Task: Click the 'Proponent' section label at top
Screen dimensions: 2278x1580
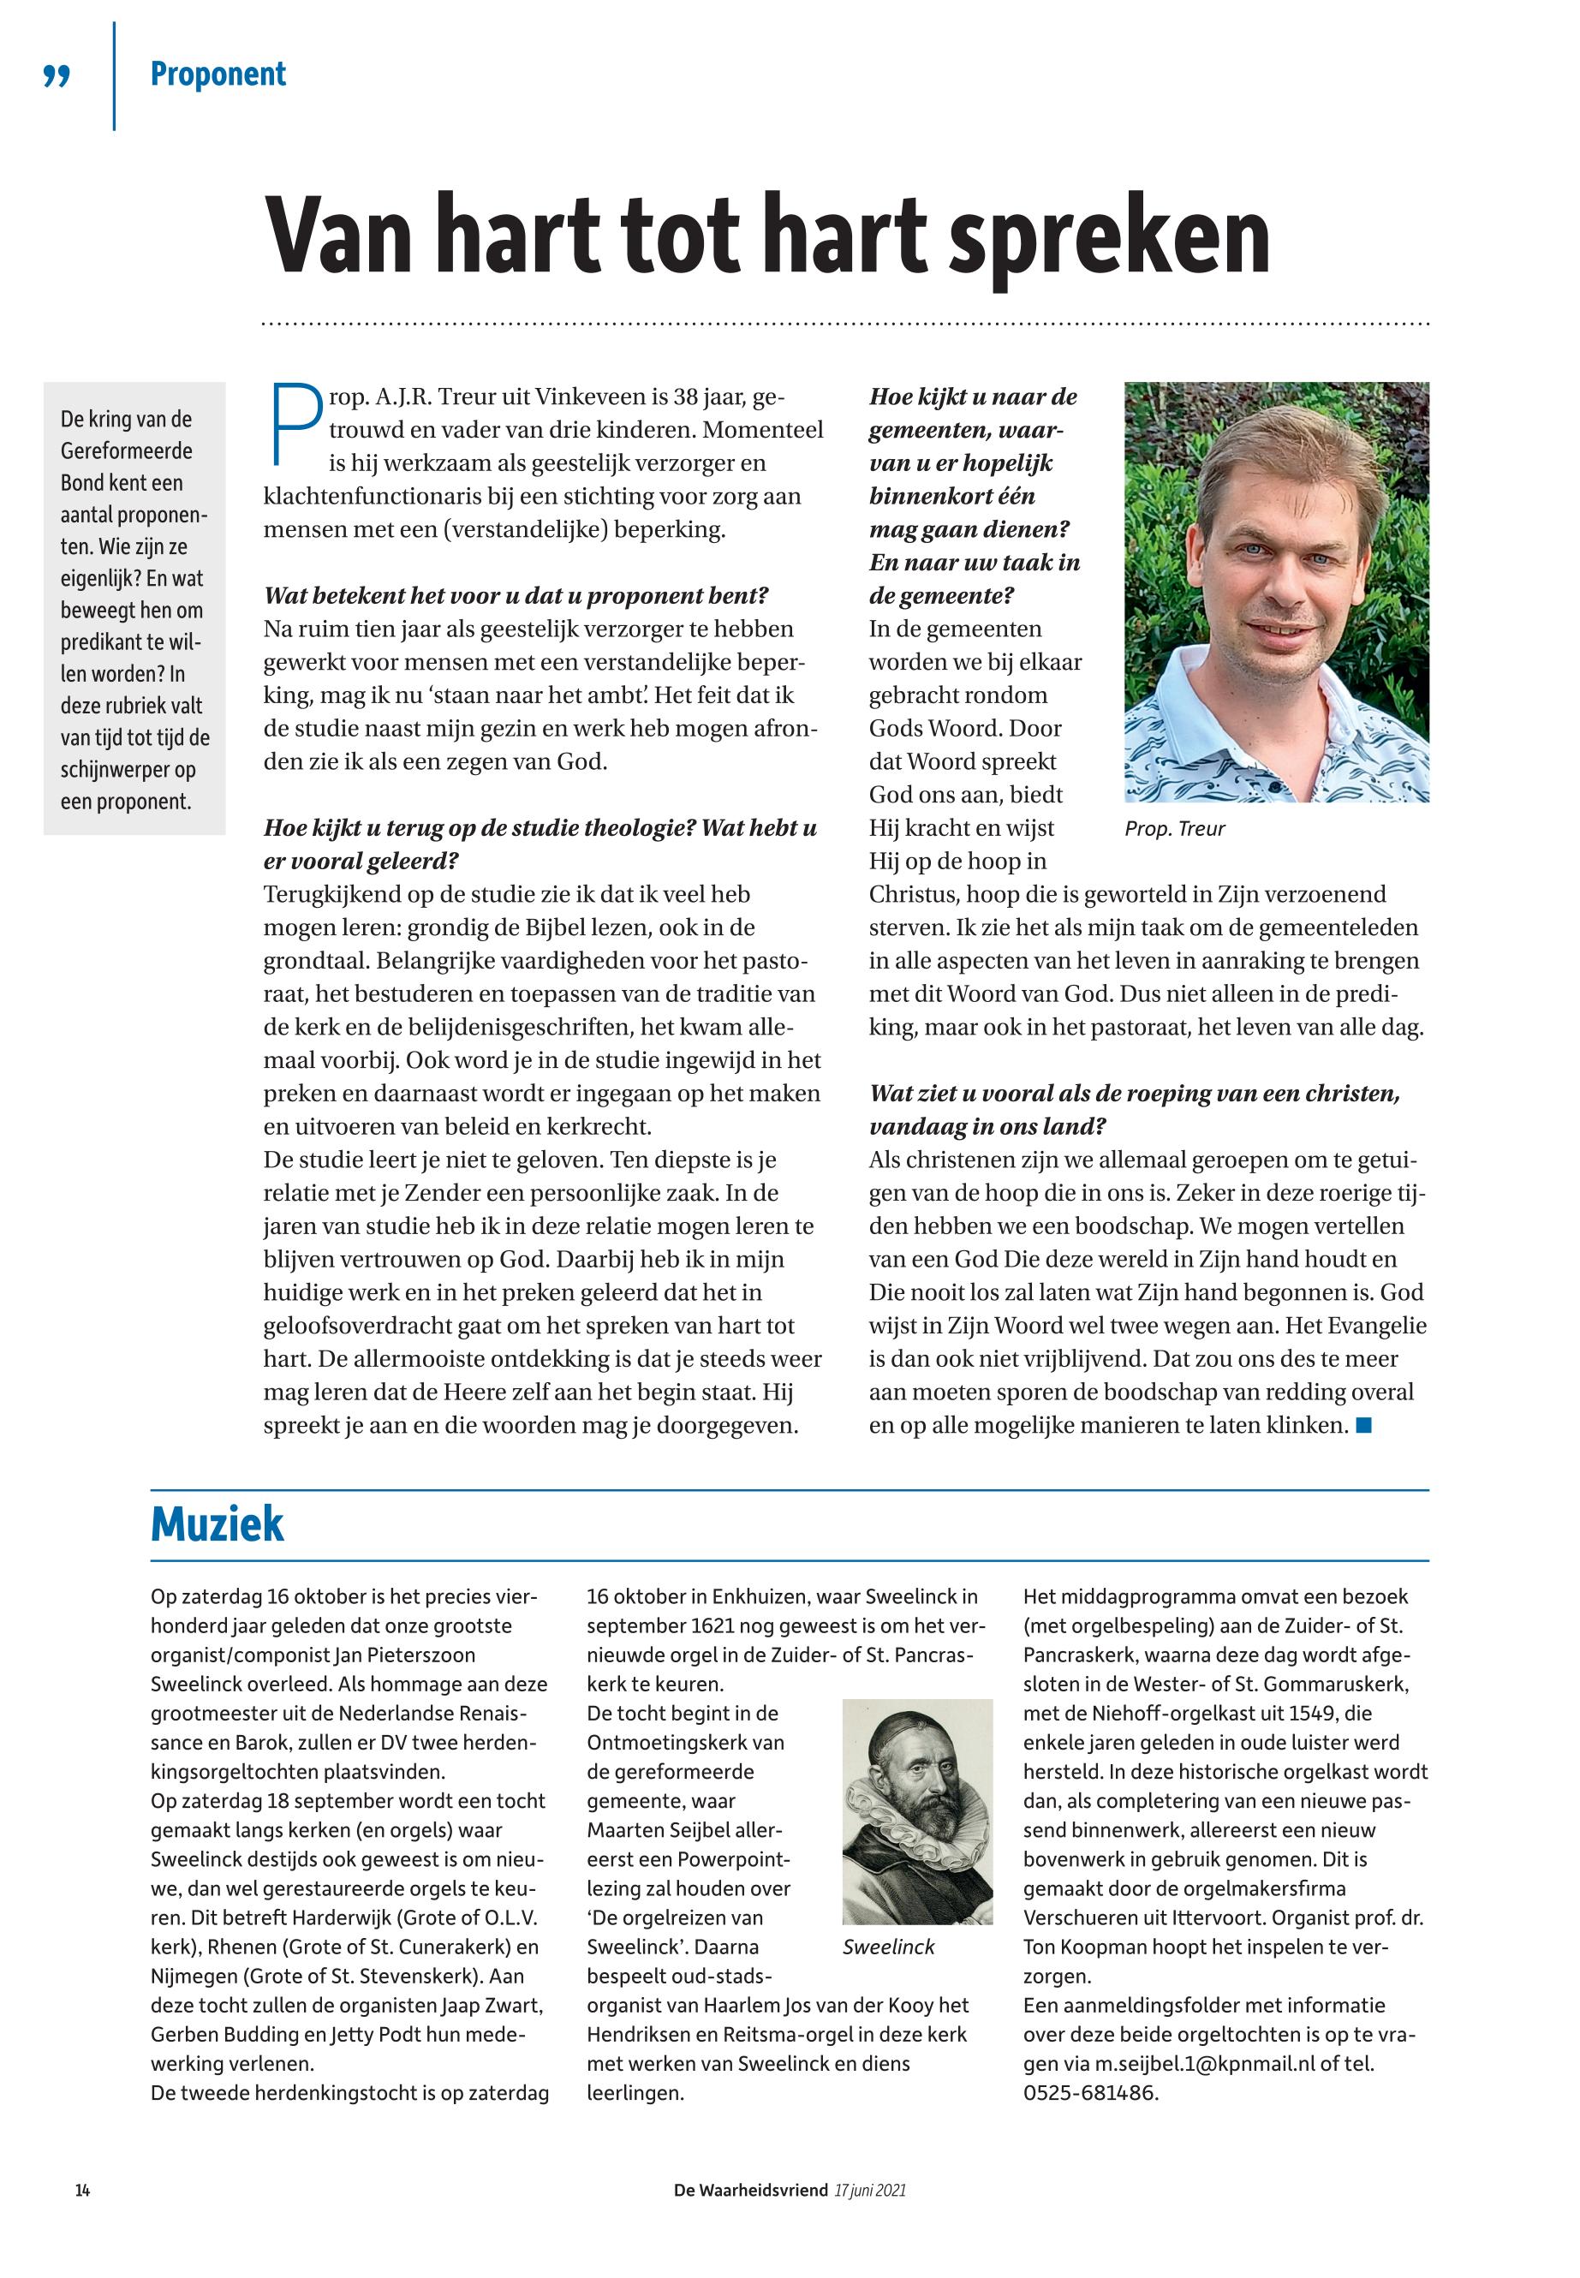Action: pyautogui.click(x=218, y=75)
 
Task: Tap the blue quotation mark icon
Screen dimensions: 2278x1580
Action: pyautogui.click(x=57, y=76)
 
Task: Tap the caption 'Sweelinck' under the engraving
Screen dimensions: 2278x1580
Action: pyautogui.click(x=888, y=1947)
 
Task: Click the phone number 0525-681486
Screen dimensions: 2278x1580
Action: pyautogui.click(x=1089, y=2094)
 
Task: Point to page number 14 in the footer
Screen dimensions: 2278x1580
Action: pyautogui.click(x=82, y=2191)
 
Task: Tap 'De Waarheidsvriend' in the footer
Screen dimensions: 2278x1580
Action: pyautogui.click(x=750, y=2191)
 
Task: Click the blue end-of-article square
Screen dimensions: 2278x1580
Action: pyautogui.click(x=1364, y=1425)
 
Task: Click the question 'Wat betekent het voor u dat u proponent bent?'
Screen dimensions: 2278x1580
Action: pyautogui.click(x=516, y=596)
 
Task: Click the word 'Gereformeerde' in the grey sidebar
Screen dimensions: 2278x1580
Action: pyautogui.click(x=127, y=451)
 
